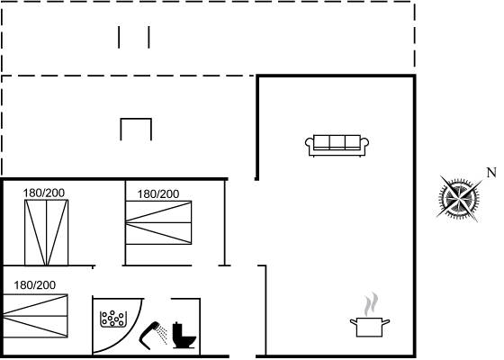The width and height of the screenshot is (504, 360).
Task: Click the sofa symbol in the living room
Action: click(x=337, y=146)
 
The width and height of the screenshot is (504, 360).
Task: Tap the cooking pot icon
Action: click(x=370, y=327)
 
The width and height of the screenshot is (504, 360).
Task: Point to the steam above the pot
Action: click(x=371, y=304)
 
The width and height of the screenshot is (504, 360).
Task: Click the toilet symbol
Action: click(x=184, y=335)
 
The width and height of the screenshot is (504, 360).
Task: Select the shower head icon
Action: click(x=154, y=335)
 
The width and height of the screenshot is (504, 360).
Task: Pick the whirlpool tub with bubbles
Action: click(x=112, y=319)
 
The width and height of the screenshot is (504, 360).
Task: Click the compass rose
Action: click(x=459, y=199)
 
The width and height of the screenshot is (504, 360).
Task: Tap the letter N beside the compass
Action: click(x=491, y=173)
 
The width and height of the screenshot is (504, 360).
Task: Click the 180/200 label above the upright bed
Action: click(x=44, y=193)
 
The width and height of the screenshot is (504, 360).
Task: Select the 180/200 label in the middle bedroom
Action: click(x=158, y=194)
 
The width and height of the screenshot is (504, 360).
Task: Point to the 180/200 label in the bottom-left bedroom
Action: click(x=35, y=285)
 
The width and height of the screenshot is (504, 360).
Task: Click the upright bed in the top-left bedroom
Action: click(x=46, y=233)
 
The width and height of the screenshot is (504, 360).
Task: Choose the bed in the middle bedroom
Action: click(x=158, y=222)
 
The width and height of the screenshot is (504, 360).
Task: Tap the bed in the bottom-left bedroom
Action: click(x=35, y=316)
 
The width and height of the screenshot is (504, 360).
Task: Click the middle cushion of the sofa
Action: click(x=337, y=142)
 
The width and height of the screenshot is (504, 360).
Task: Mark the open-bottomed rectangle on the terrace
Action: click(x=136, y=119)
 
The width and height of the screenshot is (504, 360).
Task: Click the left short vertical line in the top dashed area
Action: click(x=119, y=37)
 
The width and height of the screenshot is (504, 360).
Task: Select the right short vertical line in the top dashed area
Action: click(x=148, y=37)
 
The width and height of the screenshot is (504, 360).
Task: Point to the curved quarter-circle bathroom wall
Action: click(x=130, y=337)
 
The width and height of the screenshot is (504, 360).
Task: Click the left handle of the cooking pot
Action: click(x=353, y=321)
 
